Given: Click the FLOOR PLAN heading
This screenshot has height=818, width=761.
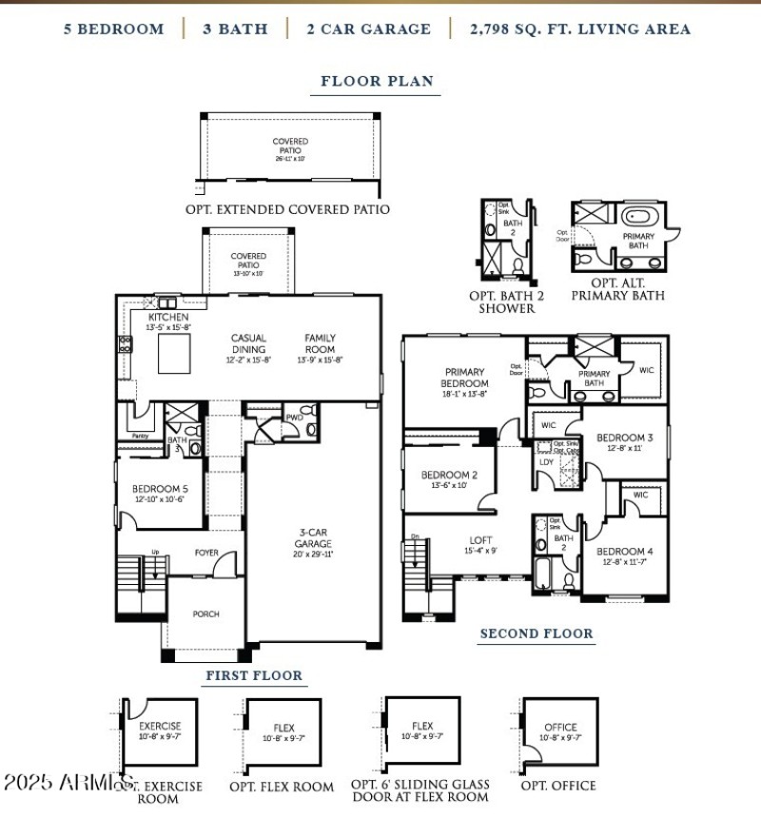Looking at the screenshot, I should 377,81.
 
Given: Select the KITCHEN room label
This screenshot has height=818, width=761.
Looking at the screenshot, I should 167,317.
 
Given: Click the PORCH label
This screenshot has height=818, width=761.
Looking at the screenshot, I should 205,614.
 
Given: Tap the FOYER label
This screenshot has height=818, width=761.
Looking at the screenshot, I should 206,553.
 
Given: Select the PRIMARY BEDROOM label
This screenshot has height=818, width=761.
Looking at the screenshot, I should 464,378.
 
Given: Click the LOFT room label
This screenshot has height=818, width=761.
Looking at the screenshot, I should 481,541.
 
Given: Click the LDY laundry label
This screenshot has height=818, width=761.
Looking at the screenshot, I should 546,461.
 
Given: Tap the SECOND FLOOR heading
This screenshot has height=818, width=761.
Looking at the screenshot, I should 536,633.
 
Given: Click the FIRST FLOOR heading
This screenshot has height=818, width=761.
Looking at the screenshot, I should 254,675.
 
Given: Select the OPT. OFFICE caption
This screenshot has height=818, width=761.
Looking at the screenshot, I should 558,786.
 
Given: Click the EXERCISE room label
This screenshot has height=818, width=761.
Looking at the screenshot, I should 160,726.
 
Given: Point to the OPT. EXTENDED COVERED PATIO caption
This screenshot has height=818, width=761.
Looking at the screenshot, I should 287,209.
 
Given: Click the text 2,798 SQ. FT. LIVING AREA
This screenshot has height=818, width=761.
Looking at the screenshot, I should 580,29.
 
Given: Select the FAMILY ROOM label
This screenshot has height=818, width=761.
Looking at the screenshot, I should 321,343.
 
